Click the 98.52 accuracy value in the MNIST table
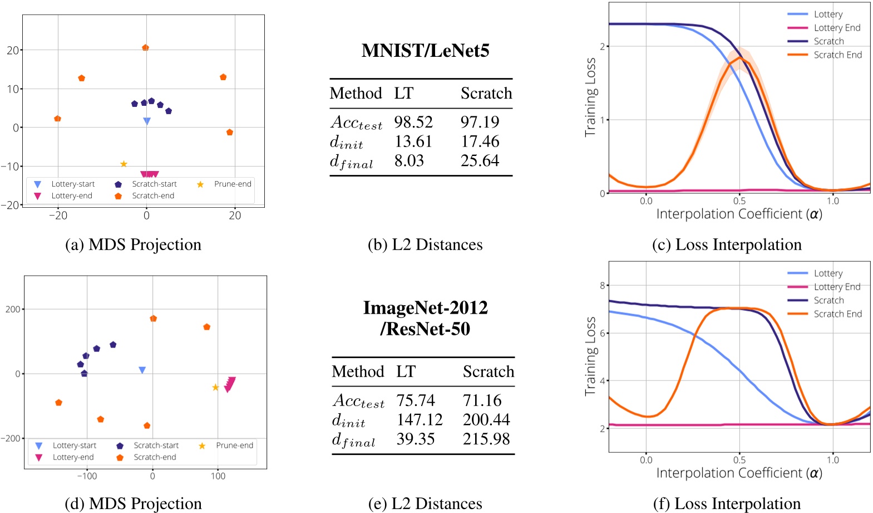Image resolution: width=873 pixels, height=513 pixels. pyautogui.click(x=413, y=121)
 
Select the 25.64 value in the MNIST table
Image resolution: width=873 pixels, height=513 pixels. pyautogui.click(x=480, y=160)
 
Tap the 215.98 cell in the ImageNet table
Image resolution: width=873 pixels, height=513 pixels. pyautogui.click(x=486, y=439)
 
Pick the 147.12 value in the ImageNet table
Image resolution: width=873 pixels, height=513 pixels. pyautogui.click(x=420, y=419)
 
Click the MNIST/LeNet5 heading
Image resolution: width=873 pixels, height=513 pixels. pyautogui.click(x=425, y=51)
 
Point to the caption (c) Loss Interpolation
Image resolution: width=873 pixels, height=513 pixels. pyautogui.click(x=727, y=245)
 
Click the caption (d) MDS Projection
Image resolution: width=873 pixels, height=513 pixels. pyautogui.click(x=134, y=504)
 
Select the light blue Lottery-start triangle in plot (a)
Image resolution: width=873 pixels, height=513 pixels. pyautogui.click(x=147, y=121)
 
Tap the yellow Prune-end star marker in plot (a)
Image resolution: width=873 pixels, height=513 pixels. pyautogui.click(x=124, y=164)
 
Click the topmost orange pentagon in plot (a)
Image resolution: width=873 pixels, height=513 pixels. pyautogui.click(x=145, y=48)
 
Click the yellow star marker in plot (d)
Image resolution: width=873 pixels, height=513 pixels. pyautogui.click(x=215, y=387)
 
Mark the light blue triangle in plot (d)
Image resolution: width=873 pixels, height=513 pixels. pyautogui.click(x=142, y=370)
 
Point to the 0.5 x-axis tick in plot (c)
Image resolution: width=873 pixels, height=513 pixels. pyautogui.click(x=739, y=201)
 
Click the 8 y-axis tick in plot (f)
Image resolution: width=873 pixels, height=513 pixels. pyautogui.click(x=602, y=285)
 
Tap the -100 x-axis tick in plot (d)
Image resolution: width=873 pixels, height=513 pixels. pyautogui.click(x=87, y=476)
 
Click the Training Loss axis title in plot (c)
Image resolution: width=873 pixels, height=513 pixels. pyautogui.click(x=590, y=97)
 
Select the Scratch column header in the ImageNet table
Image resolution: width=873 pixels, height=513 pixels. pyautogui.click(x=488, y=372)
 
